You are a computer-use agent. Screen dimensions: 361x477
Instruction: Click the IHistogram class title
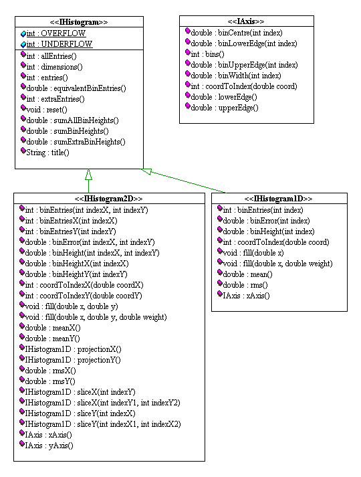[x=79, y=22]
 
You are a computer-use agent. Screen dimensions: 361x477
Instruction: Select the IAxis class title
[x=246, y=21]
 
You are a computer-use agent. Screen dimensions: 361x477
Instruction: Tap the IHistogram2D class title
[x=109, y=199]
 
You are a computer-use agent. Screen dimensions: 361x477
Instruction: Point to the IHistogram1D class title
[x=278, y=199]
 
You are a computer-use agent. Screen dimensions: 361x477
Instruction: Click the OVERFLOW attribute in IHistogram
[x=56, y=33]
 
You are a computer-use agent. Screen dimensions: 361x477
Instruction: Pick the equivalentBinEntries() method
[x=76, y=88]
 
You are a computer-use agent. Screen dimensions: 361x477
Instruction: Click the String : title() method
[x=47, y=153]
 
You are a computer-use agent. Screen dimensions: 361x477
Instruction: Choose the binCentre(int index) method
[x=237, y=33]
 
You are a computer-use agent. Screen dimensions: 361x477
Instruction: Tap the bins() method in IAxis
[x=207, y=54]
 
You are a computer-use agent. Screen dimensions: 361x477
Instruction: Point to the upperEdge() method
[x=225, y=108]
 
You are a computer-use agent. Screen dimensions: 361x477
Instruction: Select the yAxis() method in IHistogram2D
[x=49, y=446]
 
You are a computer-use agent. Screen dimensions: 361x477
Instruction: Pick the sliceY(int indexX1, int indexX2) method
[x=103, y=424]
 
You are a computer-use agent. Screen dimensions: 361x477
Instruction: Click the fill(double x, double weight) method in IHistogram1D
[x=277, y=264]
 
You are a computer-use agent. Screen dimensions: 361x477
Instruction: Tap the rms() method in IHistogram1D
[x=245, y=285]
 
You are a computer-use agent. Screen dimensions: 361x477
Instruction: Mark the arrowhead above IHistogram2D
[x=88, y=174]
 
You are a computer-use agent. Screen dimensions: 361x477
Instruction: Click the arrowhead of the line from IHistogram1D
[x=146, y=171]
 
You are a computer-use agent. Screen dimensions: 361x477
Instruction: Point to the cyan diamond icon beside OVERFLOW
[x=23, y=33]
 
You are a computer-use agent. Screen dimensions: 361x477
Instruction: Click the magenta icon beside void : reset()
[x=23, y=108]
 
